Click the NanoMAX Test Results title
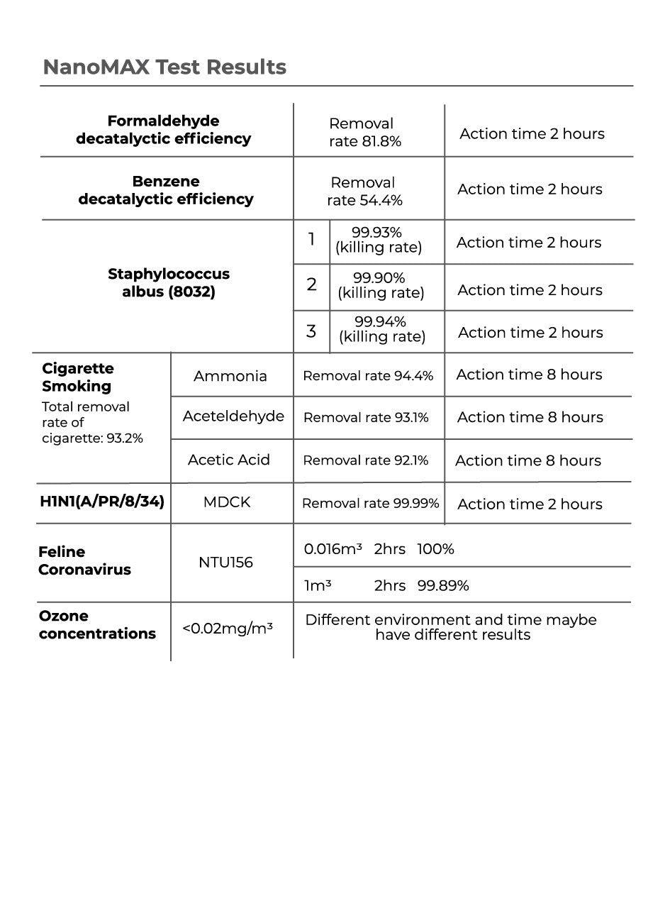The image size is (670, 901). click(164, 67)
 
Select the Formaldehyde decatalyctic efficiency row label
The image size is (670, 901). click(163, 130)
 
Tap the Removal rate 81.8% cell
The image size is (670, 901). click(364, 133)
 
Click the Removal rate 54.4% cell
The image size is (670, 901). click(364, 192)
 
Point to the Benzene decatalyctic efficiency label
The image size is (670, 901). click(165, 190)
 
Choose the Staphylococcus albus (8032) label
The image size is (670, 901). click(169, 282)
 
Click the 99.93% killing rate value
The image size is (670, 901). click(378, 240)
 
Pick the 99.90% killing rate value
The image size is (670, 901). click(380, 285)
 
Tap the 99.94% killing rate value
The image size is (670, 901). click(381, 329)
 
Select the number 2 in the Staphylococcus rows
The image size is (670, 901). click(311, 285)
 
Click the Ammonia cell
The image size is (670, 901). click(230, 376)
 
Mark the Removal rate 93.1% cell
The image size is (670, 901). click(366, 418)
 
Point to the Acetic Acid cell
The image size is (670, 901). click(229, 460)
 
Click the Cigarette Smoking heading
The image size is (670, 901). click(77, 377)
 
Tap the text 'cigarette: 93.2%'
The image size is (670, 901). click(92, 438)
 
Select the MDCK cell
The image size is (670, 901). click(227, 502)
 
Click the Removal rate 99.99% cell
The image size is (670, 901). click(370, 503)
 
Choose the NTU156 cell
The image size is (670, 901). click(225, 563)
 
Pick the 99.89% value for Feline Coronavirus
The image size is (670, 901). click(443, 586)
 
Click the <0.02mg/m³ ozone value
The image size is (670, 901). click(227, 629)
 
